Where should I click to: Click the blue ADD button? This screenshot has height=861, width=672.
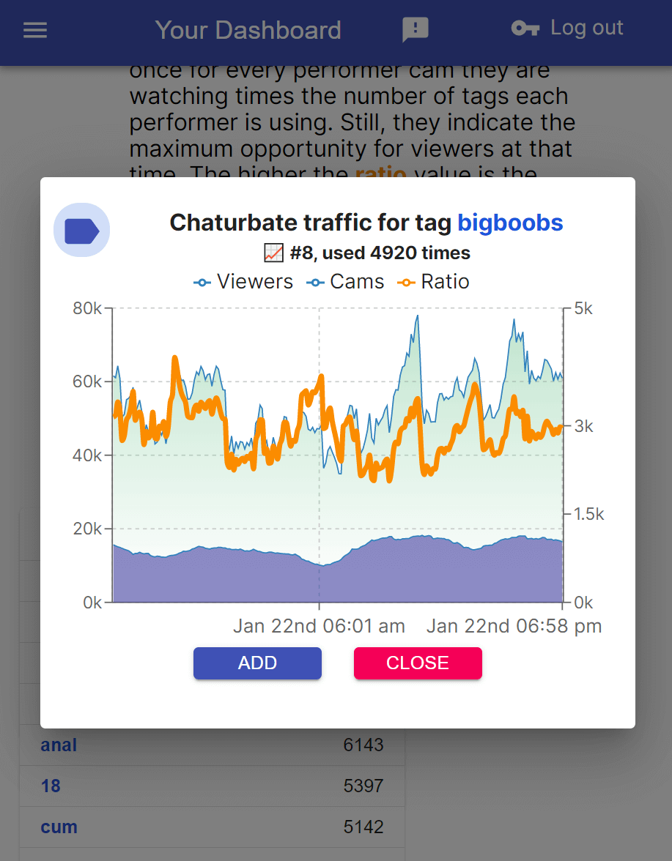(257, 663)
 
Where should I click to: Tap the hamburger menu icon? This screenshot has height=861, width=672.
(35, 30)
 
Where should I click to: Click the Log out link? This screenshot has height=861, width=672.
(567, 29)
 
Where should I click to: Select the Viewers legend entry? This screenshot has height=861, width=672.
(243, 282)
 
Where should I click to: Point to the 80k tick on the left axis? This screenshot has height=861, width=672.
(87, 308)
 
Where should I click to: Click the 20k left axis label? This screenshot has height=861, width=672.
(87, 529)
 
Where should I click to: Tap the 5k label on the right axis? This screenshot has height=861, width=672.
(583, 308)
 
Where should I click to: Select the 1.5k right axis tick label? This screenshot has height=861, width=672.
(588, 515)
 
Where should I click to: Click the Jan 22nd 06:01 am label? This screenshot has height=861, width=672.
(319, 627)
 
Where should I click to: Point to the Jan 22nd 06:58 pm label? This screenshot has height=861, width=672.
(514, 627)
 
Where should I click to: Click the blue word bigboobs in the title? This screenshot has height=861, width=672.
(510, 223)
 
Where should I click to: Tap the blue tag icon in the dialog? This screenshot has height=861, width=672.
(81, 230)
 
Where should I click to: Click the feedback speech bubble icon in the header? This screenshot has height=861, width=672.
(416, 30)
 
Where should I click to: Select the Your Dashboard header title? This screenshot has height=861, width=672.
(248, 30)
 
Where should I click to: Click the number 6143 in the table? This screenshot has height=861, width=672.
(363, 745)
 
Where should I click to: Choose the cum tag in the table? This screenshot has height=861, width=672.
(59, 827)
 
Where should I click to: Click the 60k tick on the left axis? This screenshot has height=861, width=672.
(87, 382)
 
